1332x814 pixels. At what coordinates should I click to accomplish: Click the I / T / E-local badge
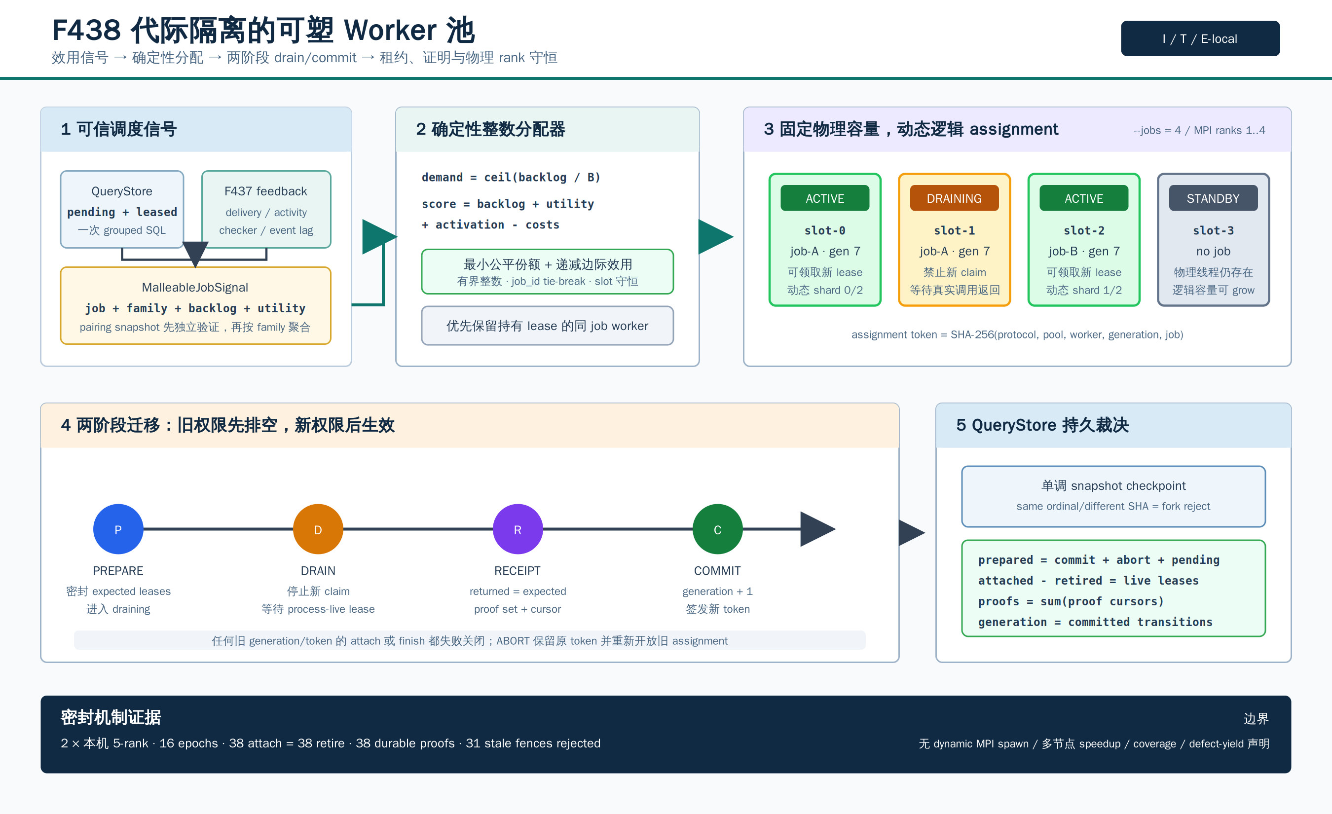(1200, 38)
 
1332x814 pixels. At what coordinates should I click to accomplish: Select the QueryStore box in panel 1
(122, 209)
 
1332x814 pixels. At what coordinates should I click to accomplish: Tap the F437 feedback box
(266, 209)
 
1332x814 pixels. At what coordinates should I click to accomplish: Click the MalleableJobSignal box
(195, 305)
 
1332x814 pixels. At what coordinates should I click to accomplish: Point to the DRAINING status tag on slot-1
(954, 198)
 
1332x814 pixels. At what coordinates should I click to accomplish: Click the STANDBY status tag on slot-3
(1213, 198)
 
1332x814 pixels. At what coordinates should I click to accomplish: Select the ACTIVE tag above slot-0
(825, 198)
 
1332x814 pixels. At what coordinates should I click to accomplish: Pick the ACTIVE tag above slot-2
(1084, 198)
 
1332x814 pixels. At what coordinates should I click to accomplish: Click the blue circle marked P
(118, 529)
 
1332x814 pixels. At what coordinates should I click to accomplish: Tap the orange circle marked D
(318, 529)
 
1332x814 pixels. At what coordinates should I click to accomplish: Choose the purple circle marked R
(518, 529)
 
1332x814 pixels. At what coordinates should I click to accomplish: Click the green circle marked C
(717, 529)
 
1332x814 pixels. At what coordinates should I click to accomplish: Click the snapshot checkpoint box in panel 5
(1113, 496)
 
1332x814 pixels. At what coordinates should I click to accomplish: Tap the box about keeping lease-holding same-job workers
(547, 326)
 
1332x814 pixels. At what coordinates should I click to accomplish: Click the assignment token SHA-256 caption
(1017, 334)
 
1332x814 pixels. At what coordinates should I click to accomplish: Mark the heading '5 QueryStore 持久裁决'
(1042, 425)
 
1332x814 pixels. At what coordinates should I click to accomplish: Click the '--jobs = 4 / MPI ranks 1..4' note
(1199, 130)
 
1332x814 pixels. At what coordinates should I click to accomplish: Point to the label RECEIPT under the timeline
(518, 571)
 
